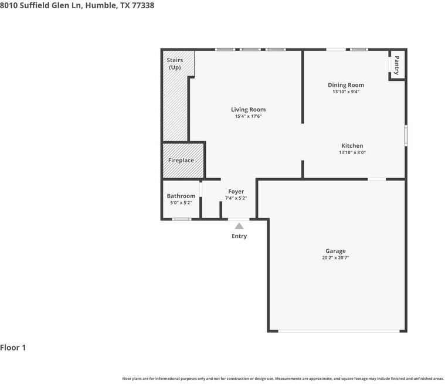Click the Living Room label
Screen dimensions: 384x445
tap(248, 110)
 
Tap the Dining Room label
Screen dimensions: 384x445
tap(346, 85)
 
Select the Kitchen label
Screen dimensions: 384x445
tap(352, 146)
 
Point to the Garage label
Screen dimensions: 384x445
tap(335, 251)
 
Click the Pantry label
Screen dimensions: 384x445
tap(397, 64)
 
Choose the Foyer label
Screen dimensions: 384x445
tap(236, 192)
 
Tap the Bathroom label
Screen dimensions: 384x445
tap(181, 196)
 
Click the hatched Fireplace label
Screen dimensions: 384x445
tap(181, 161)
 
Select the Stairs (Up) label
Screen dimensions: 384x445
tap(175, 64)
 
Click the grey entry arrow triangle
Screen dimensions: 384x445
tap(239, 226)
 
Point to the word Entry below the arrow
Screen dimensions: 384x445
tap(239, 236)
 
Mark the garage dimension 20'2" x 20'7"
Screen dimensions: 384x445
tap(335, 258)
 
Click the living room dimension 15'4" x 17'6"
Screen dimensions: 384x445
tap(248, 117)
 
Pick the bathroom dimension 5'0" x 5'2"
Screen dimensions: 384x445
tap(181, 203)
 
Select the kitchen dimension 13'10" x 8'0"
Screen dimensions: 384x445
tap(352, 152)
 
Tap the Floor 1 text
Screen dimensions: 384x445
tap(13, 348)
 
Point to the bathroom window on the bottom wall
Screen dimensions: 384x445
tap(182, 219)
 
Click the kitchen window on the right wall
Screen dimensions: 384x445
tap(406, 135)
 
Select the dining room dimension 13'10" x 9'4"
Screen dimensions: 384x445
tap(346, 91)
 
